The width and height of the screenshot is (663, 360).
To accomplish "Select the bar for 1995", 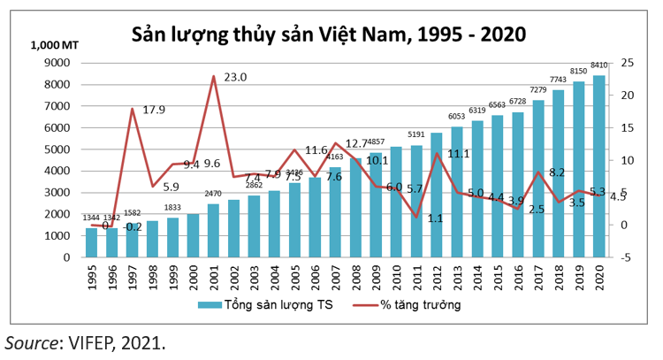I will [91, 242].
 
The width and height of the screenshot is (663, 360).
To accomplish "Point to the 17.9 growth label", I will [156, 111].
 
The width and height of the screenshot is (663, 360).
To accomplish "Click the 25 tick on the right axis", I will [627, 63].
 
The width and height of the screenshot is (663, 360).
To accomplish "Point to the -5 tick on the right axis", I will [627, 257].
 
